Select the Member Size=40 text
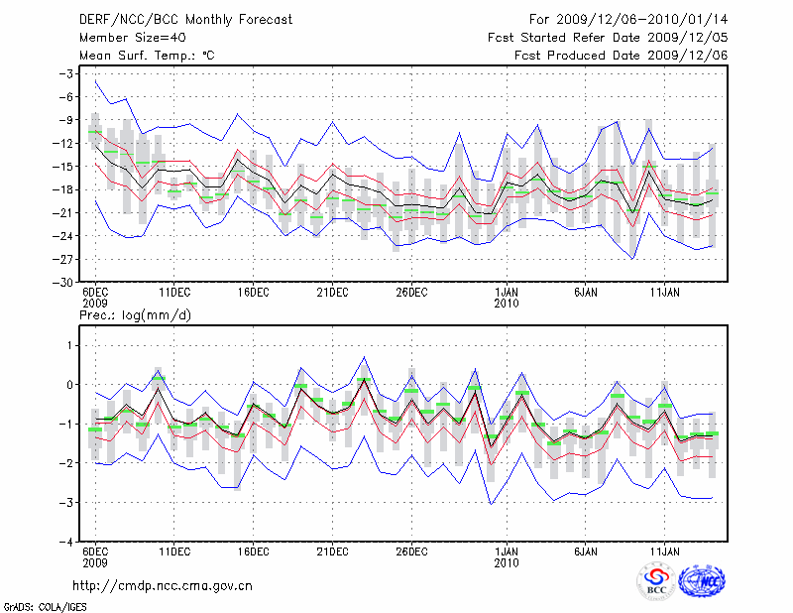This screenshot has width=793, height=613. (x=129, y=38)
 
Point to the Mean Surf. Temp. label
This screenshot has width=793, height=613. (x=146, y=56)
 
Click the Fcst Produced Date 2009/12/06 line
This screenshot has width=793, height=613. (x=622, y=56)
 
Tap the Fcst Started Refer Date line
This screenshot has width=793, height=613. (x=608, y=38)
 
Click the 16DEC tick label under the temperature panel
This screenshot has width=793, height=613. (x=254, y=293)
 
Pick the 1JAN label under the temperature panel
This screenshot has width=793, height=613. (x=507, y=293)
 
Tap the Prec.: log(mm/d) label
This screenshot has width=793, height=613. (x=135, y=314)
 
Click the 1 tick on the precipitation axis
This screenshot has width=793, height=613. (x=70, y=345)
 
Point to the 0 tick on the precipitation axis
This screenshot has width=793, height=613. (x=70, y=385)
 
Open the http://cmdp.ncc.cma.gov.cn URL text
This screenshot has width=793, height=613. (x=163, y=585)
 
